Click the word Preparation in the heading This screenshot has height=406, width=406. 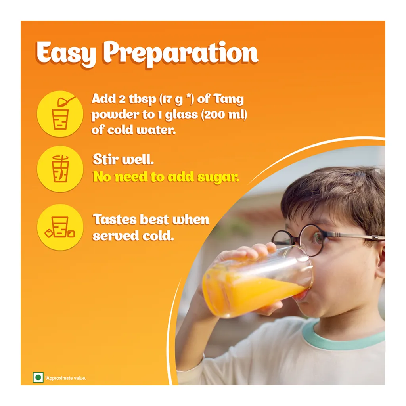pyautogui.click(x=181, y=54)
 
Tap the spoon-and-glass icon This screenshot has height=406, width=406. pyautogui.click(x=60, y=112)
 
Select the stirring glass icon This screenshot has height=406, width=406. pyautogui.click(x=60, y=169)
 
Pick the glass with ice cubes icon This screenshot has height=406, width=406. pyautogui.click(x=60, y=227)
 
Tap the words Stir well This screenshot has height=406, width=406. pyautogui.click(x=123, y=160)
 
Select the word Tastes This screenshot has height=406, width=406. pyautogui.click(x=115, y=219)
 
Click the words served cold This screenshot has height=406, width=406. pyautogui.click(x=133, y=236)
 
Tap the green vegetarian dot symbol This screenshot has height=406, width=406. pyautogui.click(x=38, y=377)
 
